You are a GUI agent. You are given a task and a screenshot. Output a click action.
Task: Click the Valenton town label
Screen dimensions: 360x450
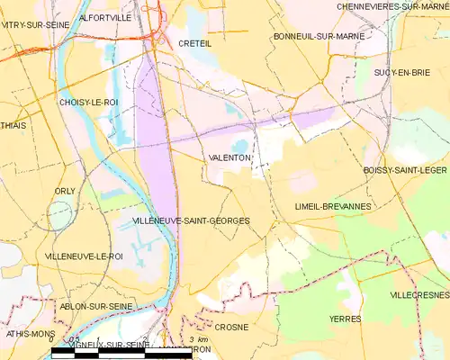click(229, 157)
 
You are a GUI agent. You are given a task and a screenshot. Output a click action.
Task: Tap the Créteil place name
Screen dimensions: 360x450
click(193, 42)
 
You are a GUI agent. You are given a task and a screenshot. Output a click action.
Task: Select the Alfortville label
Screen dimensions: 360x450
click(105, 17)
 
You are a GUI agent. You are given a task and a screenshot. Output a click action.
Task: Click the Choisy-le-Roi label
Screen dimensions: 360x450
click(88, 103)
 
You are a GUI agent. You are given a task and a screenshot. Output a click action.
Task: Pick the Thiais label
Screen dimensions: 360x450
click(13, 126)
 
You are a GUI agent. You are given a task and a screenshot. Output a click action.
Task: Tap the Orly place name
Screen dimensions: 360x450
click(65, 191)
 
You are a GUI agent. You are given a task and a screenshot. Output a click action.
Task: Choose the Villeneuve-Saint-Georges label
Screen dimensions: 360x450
click(191, 220)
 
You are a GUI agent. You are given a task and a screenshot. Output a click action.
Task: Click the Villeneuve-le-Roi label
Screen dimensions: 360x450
click(84, 256)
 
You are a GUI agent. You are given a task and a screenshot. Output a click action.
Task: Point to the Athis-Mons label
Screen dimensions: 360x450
click(24, 333)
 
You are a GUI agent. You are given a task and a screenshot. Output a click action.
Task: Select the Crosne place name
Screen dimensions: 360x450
click(231, 328)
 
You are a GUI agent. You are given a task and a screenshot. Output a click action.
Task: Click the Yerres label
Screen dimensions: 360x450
click(345, 319)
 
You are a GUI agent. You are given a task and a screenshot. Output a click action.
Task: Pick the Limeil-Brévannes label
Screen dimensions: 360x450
click(333, 206)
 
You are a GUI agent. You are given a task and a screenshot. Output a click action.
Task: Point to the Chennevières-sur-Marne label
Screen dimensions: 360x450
click(392, 6)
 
